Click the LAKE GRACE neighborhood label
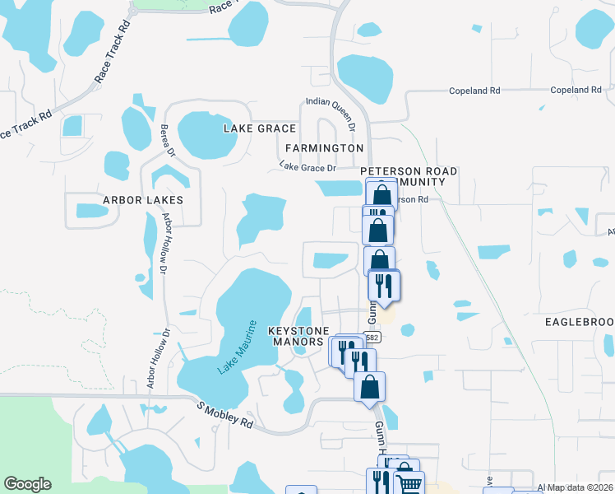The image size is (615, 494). pyautogui.click(x=260, y=128)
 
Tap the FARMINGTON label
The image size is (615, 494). pyautogui.click(x=324, y=147)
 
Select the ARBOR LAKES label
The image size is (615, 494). pyautogui.click(x=142, y=200)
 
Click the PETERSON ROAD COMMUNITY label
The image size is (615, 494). pyautogui.click(x=409, y=175)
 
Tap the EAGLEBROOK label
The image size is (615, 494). pyautogui.click(x=580, y=320)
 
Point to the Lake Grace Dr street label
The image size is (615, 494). pyautogui.click(x=308, y=167)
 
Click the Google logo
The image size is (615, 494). pyautogui.click(x=27, y=484)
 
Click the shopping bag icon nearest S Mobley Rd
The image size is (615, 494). pyautogui.click(x=369, y=385)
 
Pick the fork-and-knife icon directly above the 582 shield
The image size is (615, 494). pyautogui.click(x=382, y=285)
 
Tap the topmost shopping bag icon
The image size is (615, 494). pyautogui.click(x=381, y=196)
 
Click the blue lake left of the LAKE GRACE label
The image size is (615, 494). pyautogui.click(x=205, y=134)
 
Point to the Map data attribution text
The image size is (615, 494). pyautogui.click(x=575, y=487)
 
